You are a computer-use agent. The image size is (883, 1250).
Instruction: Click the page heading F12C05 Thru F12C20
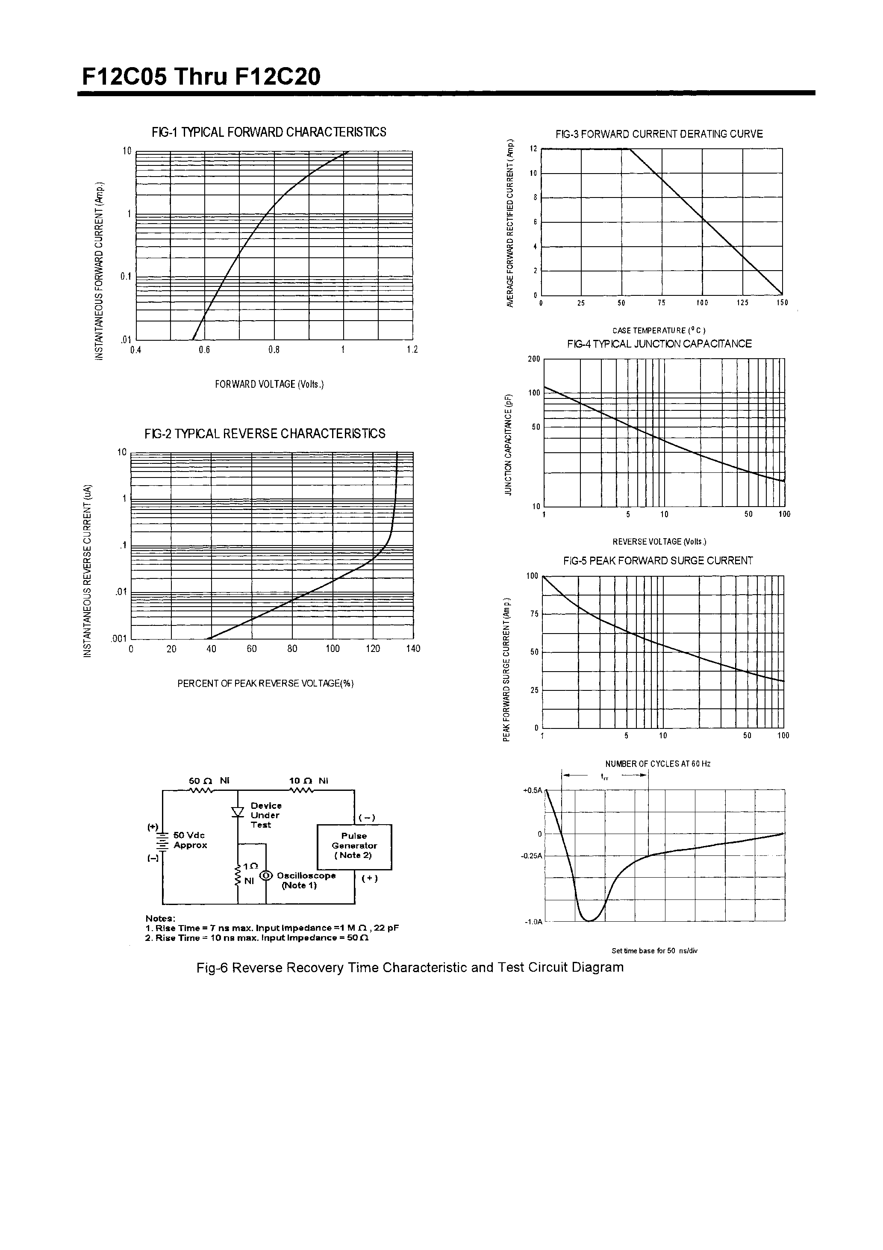[x=201, y=77]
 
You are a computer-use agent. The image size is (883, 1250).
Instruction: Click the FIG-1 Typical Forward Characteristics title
[x=269, y=132]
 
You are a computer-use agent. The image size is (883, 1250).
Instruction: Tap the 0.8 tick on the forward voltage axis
[x=274, y=350]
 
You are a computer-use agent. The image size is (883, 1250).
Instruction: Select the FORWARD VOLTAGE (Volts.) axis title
[x=269, y=384]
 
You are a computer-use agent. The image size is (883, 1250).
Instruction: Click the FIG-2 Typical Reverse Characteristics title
[x=265, y=433]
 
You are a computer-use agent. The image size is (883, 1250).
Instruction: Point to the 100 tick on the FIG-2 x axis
[x=333, y=649]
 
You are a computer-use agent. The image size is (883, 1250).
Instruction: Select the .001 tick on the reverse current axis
[x=119, y=639]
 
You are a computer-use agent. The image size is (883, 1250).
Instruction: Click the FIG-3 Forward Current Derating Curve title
[x=659, y=134]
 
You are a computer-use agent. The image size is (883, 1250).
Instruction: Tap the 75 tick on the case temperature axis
[x=662, y=303]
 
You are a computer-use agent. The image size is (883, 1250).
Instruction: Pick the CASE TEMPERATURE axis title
[x=659, y=330]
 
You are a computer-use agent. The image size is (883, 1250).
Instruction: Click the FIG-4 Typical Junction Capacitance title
[x=659, y=344]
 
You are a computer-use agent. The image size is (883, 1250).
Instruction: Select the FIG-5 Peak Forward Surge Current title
[x=658, y=561]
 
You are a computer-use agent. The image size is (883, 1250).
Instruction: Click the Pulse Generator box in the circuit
[x=354, y=846]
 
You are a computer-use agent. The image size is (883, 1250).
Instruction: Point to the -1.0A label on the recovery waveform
[x=533, y=922]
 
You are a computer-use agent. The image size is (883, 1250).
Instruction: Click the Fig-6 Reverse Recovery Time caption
[x=410, y=967]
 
